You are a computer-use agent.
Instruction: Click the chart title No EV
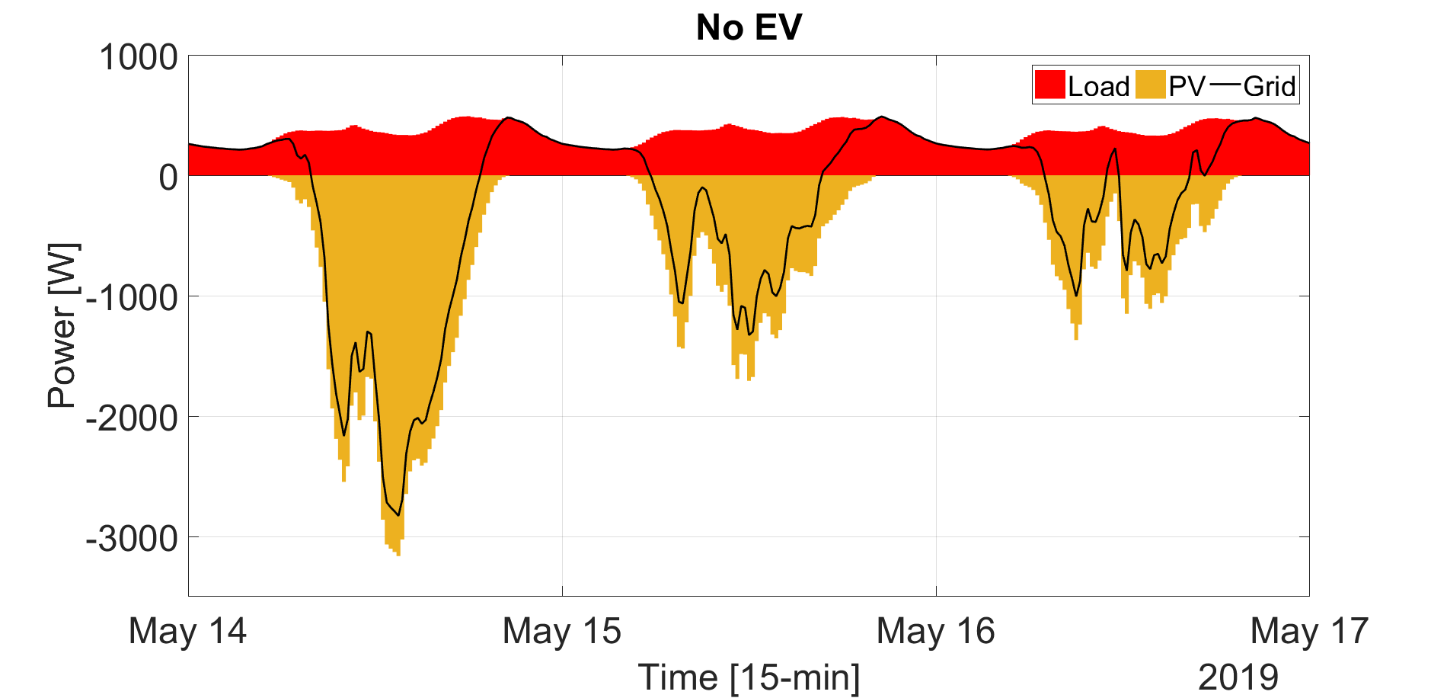pos(749,28)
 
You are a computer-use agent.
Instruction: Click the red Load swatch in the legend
pos(1049,85)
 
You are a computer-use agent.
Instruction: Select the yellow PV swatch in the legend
pos(1150,85)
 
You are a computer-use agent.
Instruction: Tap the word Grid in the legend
pos(1270,86)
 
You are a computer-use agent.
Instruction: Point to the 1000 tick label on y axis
pos(139,57)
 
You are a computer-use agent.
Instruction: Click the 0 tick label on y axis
pos(168,177)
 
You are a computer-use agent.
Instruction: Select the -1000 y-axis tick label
pos(131,297)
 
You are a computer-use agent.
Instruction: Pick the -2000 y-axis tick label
pos(131,418)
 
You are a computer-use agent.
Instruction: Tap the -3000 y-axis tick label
pos(131,539)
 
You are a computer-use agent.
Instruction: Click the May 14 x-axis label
pos(188,632)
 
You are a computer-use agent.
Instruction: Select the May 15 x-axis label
pos(562,632)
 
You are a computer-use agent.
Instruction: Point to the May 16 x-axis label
pos(936,632)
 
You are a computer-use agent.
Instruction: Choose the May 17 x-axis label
pos(1309,632)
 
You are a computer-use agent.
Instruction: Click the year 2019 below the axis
pos(1238,677)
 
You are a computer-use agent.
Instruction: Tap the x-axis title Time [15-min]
pos(749,677)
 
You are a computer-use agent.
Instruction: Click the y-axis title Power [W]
pos(63,325)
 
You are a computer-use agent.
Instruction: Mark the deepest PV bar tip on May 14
pos(398,554)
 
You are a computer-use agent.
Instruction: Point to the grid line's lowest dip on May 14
pos(398,515)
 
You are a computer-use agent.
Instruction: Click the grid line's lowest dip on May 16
pos(1076,296)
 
